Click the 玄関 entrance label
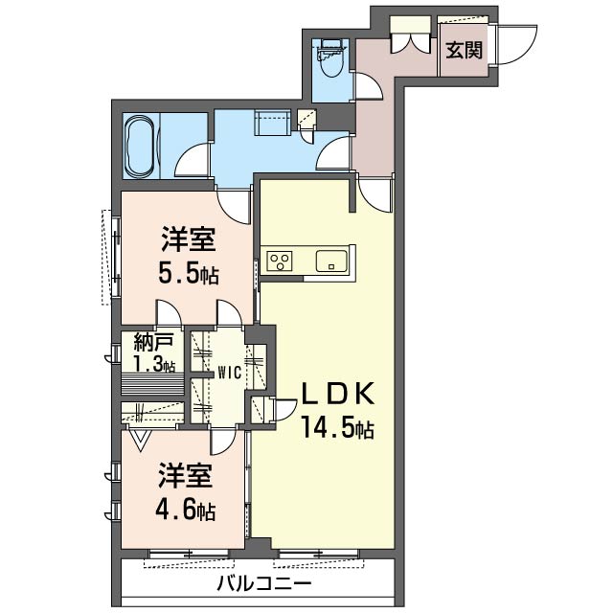(x=464, y=48)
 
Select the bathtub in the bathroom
(x=140, y=147)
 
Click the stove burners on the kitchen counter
(x=281, y=260)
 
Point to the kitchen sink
(x=330, y=260)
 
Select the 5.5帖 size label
(x=189, y=274)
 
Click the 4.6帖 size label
(x=185, y=510)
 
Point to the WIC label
(x=227, y=373)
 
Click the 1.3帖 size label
(x=154, y=364)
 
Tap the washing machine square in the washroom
(x=271, y=125)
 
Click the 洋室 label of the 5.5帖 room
(x=187, y=238)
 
